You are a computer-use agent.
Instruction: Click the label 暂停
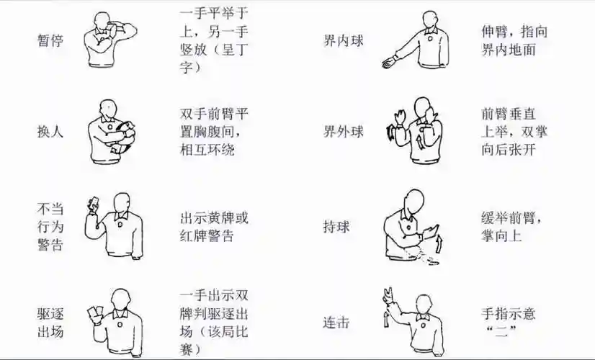point(50,40)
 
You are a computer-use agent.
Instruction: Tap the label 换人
point(50,132)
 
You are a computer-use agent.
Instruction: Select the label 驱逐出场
point(50,323)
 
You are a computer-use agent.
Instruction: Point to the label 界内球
point(343,40)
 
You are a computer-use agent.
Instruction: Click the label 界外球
point(343,132)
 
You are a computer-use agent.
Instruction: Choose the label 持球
point(336,227)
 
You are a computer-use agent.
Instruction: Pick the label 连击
point(336,323)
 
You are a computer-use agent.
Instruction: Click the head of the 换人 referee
point(107,108)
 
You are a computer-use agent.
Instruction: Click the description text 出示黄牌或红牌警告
point(214,227)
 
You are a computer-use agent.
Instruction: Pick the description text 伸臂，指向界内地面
point(512,41)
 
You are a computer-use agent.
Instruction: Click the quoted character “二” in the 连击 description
point(498,333)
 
